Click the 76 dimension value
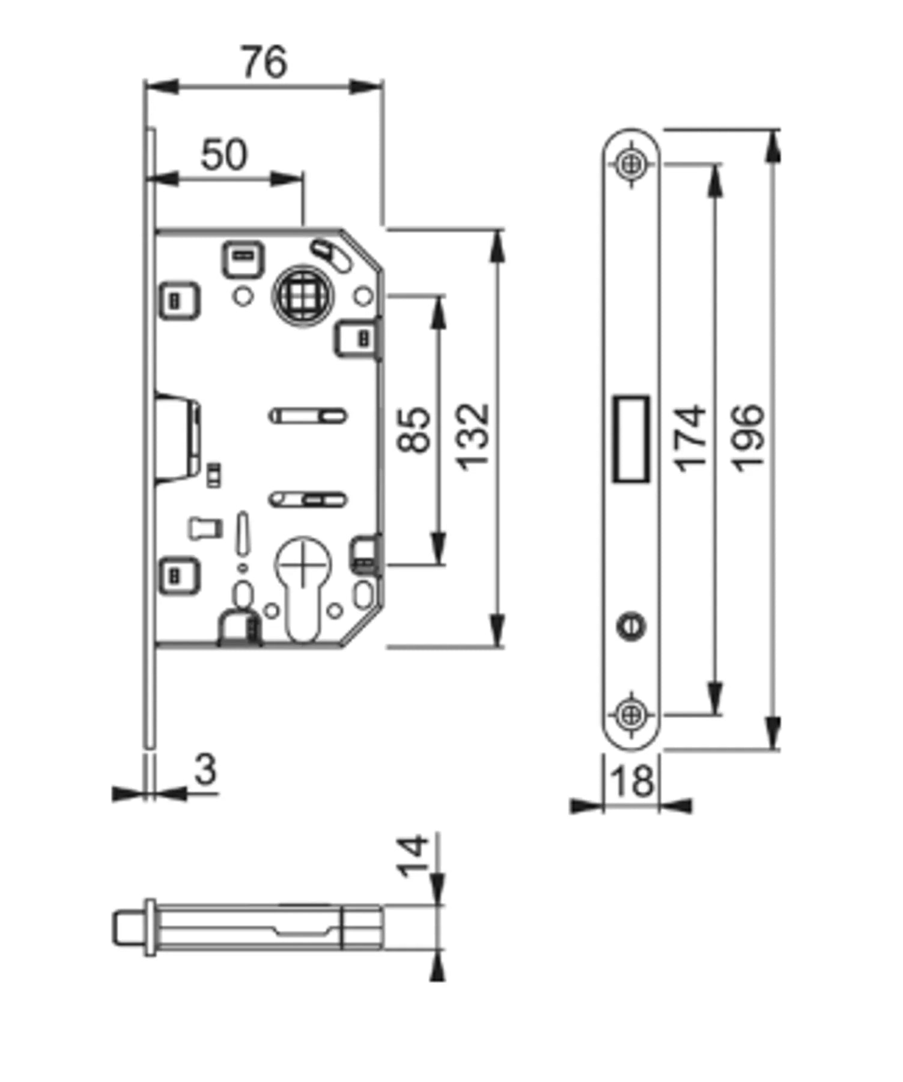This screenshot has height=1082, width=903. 264,62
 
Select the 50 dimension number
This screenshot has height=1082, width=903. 223,154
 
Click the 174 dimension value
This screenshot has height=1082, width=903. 690,438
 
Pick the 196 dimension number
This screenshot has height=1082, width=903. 749,438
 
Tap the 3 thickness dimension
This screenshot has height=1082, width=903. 205,769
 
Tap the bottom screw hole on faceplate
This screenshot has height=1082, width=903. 631,715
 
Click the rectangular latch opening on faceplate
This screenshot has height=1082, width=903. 631,439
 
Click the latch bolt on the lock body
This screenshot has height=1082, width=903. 178,438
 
